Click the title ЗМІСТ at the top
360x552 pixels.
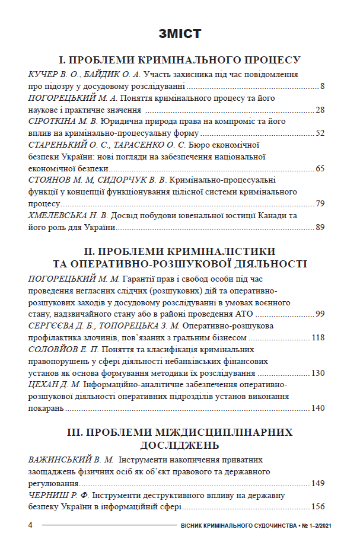180,33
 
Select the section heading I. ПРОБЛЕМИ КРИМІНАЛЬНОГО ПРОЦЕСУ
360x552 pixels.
180,60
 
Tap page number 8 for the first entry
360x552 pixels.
322,87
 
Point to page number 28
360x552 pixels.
320,110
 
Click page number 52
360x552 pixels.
320,133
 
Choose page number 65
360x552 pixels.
320,168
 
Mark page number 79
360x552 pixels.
320,203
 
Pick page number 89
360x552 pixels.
320,226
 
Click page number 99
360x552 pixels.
320,314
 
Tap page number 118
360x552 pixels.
318,337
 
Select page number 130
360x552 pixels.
318,373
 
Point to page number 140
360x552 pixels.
318,408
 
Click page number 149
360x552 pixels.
318,483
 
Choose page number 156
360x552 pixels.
318,506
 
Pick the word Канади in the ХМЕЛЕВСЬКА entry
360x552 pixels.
279,215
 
